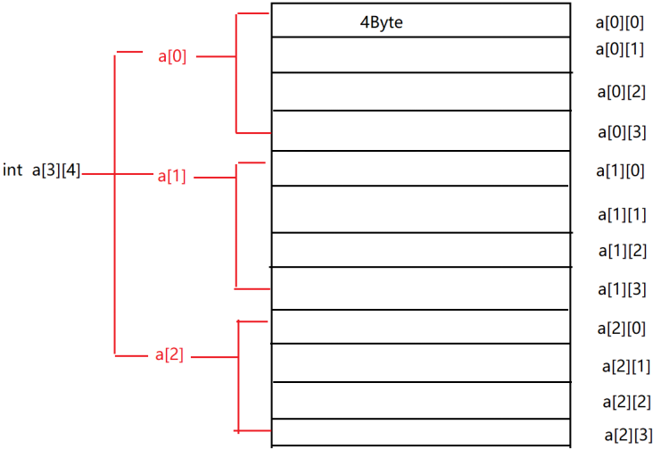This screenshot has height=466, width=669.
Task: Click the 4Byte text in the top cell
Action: pyautogui.click(x=381, y=22)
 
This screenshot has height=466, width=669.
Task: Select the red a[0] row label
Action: pyautogui.click(x=172, y=58)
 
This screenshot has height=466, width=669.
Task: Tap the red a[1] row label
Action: pyautogui.click(x=172, y=177)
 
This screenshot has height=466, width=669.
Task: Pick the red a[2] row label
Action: pyautogui.click(x=169, y=355)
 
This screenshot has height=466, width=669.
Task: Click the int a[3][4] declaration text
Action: pyautogui.click(x=42, y=171)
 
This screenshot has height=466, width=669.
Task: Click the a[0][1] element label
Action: pyautogui.click(x=619, y=50)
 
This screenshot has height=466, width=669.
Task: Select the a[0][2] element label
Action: pyautogui.click(x=621, y=91)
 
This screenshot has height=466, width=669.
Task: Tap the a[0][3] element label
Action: pyautogui.click(x=621, y=132)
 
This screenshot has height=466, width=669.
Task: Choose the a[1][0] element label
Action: pyautogui.click(x=621, y=171)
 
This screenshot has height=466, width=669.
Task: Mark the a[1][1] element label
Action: pyautogui.click(x=623, y=214)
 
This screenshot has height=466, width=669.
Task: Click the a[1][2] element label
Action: pyautogui.click(x=623, y=251)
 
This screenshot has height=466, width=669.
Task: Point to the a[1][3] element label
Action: pyautogui.click(x=623, y=289)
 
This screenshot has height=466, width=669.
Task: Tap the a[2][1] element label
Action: pyautogui.click(x=626, y=366)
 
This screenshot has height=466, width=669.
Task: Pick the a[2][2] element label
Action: pyautogui.click(x=626, y=402)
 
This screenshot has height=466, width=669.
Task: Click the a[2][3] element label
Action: pyautogui.click(x=628, y=436)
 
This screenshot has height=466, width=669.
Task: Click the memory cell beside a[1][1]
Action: pyautogui.click(x=420, y=210)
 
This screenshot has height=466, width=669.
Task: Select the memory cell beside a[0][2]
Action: pyautogui.click(x=420, y=92)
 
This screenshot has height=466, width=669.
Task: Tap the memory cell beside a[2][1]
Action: pyautogui.click(x=420, y=363)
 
